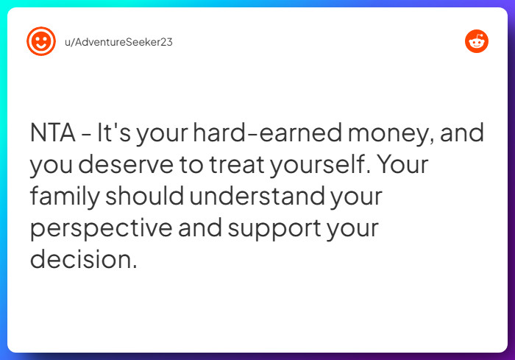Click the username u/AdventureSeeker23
point(118,41)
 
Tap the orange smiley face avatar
point(41,41)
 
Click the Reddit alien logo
point(477,41)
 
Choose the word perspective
point(101,229)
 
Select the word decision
point(83,260)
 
